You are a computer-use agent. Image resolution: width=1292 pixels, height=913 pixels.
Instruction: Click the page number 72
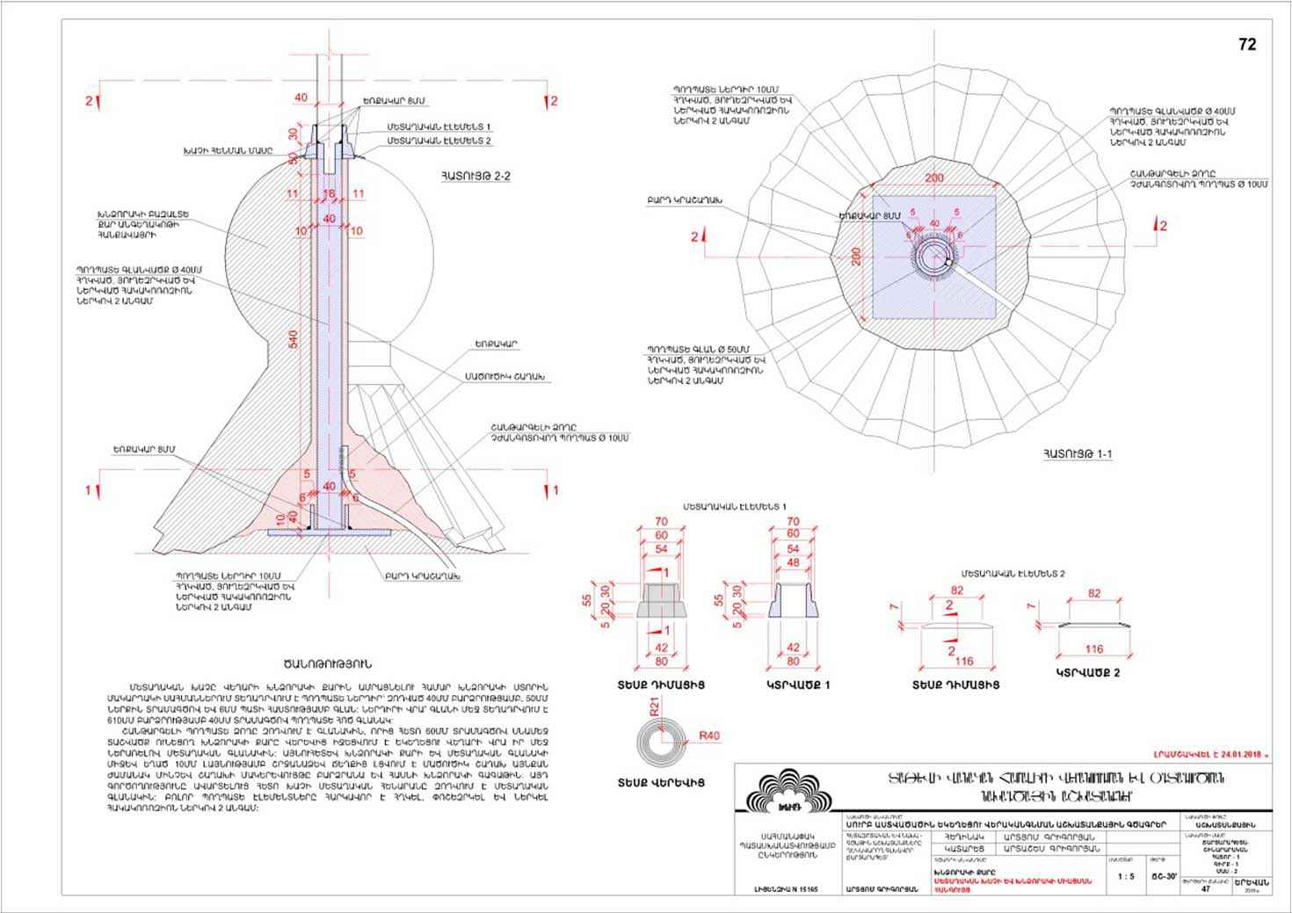(x=1247, y=45)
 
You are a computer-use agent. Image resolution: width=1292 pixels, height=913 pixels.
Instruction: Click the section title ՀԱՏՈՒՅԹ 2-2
(x=475, y=177)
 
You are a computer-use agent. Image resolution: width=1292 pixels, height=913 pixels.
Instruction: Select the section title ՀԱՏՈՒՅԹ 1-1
(x=1078, y=453)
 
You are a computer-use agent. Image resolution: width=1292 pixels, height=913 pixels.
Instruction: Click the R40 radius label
(x=708, y=735)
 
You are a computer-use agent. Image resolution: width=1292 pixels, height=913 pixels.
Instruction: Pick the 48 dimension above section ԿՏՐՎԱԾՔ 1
(x=793, y=562)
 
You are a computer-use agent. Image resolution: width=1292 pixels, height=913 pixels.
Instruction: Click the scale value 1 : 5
(x=1124, y=876)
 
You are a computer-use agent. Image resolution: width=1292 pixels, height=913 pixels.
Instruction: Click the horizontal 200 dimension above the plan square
(x=934, y=178)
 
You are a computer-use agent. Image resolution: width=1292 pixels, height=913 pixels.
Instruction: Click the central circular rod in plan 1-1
(x=934, y=257)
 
